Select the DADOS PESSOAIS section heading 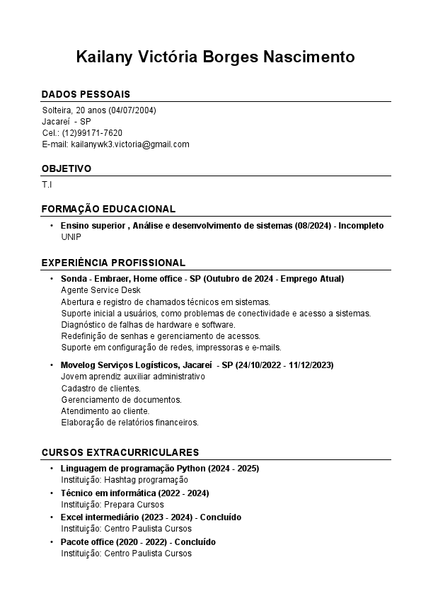click(86, 94)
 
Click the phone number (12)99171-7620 click(92, 133)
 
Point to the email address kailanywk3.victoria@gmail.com click(130, 144)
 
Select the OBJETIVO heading click(67, 168)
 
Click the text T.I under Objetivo click(47, 185)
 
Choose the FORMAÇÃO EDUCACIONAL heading click(108, 209)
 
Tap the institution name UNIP click(71, 237)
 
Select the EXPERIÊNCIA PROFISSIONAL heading click(113, 263)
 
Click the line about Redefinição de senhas click(161, 336)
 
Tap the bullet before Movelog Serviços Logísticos click(52, 365)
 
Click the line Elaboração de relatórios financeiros click(129, 423)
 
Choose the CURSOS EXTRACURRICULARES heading click(120, 452)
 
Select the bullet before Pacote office click(52, 542)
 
